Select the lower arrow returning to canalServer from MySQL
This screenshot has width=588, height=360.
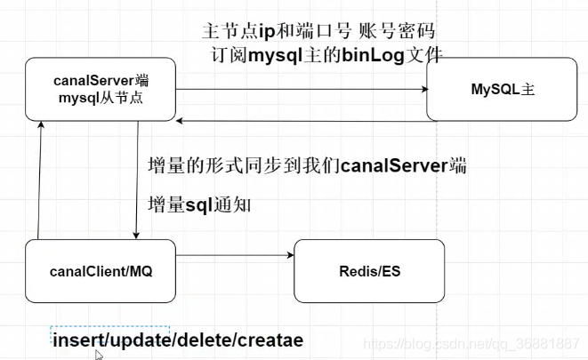tap(302, 120)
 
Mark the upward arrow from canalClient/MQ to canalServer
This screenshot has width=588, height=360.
tap(38, 182)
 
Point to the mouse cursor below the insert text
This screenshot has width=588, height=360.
tap(99, 355)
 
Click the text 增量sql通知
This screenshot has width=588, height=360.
tap(199, 205)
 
